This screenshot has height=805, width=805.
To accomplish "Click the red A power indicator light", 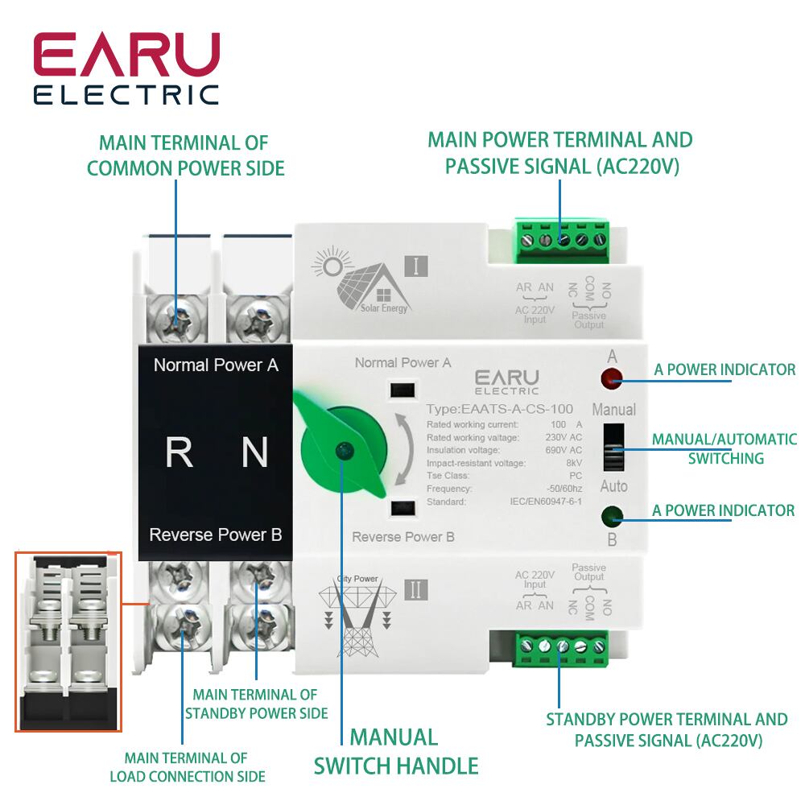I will tap(612, 376).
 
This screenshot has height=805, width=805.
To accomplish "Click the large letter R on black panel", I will tap(179, 452).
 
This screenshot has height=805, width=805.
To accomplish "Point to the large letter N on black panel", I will tap(254, 452).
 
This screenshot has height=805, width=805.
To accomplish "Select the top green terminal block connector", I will tap(563, 239).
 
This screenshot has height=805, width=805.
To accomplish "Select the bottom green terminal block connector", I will tap(563, 646).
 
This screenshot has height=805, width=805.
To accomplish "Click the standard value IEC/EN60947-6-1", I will tap(547, 502).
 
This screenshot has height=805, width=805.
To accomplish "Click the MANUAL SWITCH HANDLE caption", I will tap(394, 751).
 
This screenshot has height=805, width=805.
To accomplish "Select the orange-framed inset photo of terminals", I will tap(68, 642).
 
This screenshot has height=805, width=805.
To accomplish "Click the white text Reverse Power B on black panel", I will tap(216, 535).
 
